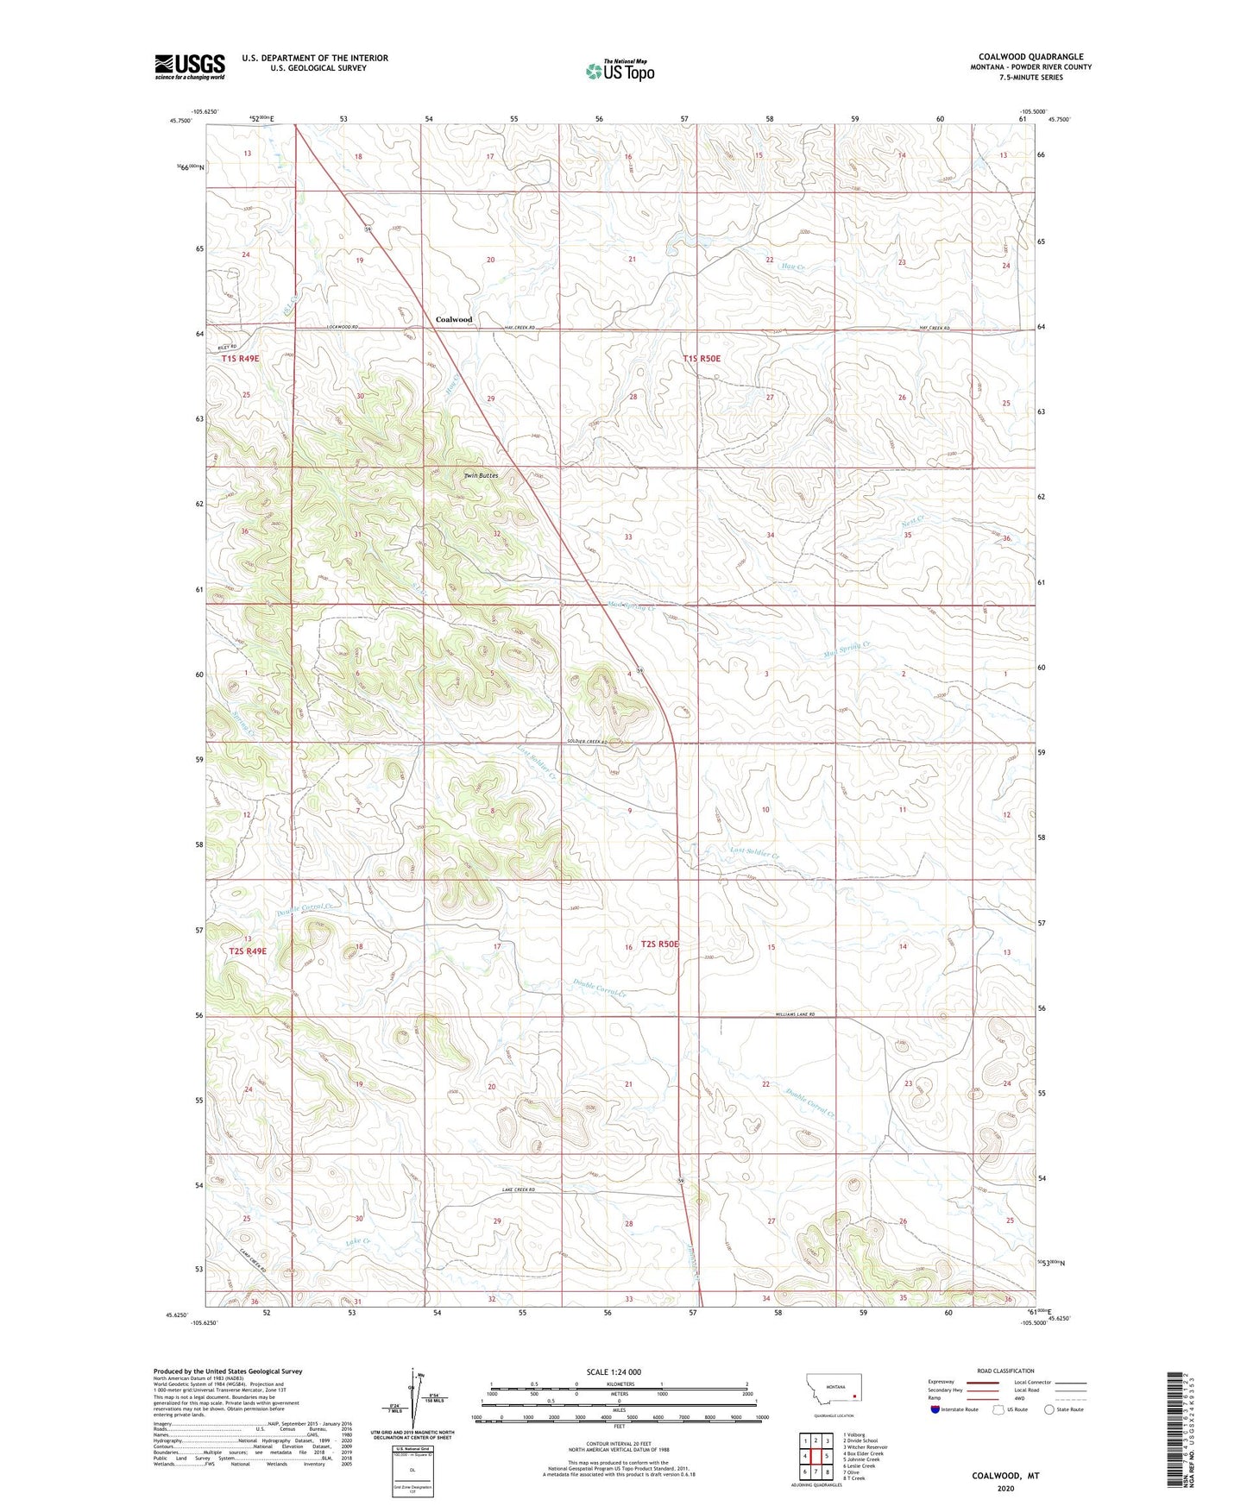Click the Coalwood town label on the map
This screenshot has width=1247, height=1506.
coord(453,319)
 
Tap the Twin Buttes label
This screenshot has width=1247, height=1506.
coord(481,475)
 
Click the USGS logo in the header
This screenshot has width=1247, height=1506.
coord(190,66)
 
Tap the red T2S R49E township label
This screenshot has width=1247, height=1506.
coord(248,951)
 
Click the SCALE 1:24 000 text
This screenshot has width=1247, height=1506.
coord(614,1371)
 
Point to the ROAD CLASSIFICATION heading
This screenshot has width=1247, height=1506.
coord(1005,1371)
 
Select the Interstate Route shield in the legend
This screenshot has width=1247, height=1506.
coord(936,1409)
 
